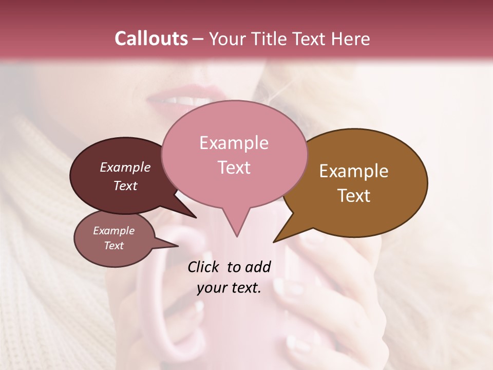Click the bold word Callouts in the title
151,39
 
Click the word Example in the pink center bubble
234,143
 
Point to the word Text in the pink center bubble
234,168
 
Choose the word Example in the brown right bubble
354,171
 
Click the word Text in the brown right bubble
354,196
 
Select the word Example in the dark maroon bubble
125,167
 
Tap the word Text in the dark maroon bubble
125,186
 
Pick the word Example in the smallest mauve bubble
113,231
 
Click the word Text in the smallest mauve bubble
113,246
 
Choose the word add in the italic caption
258,267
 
